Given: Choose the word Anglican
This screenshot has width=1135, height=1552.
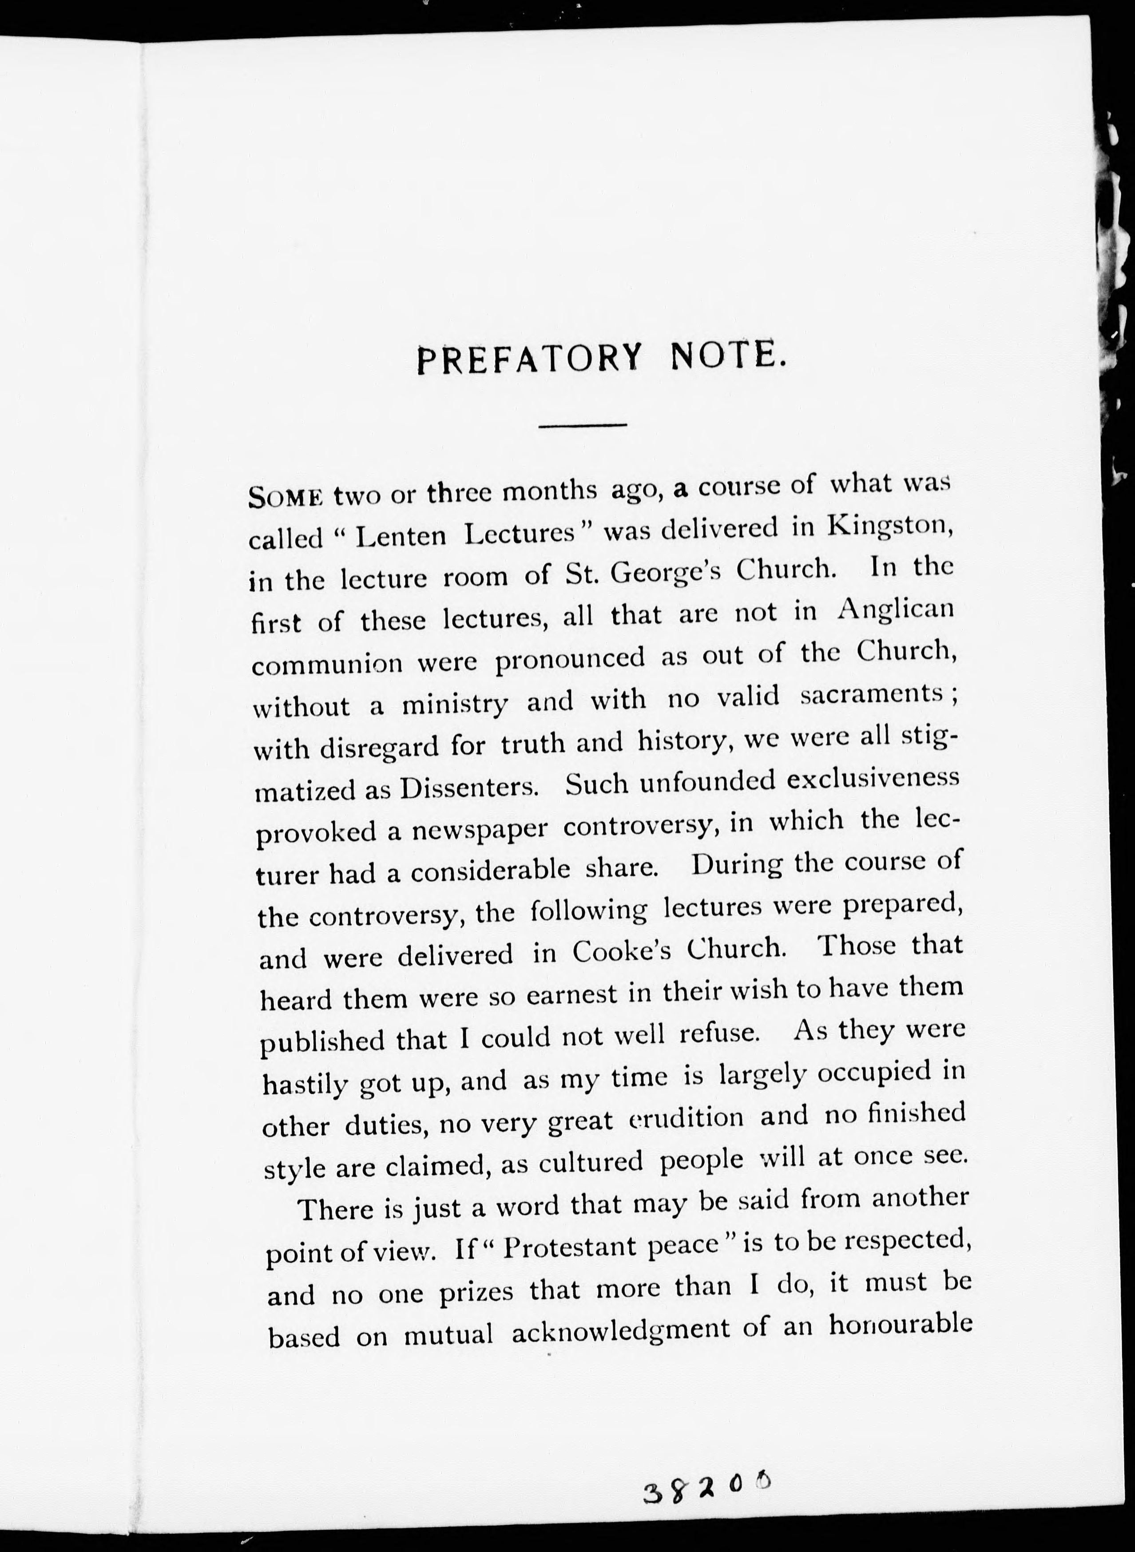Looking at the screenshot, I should [x=896, y=610].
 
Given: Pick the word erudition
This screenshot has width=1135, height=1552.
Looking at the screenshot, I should [x=687, y=1117].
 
